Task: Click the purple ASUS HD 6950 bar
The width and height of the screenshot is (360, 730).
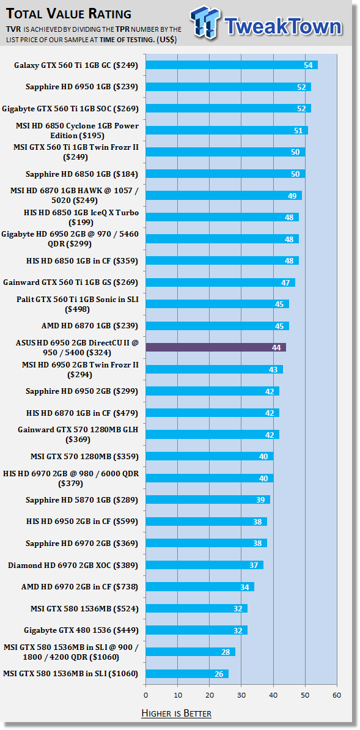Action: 216,347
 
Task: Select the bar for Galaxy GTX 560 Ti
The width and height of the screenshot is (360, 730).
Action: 232,65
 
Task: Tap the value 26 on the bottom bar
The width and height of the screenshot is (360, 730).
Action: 219,674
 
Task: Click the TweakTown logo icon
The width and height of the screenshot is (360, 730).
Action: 204,23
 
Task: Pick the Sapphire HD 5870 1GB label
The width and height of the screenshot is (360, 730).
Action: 82,500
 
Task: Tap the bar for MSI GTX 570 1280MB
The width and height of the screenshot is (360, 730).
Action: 210,456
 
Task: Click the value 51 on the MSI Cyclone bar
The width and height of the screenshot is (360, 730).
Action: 298,130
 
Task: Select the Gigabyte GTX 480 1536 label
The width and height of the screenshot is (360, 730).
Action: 81,630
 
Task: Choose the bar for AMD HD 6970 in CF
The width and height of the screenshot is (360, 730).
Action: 200,586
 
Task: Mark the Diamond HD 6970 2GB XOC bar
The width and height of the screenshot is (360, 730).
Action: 205,565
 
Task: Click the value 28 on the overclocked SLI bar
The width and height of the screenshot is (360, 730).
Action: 226,652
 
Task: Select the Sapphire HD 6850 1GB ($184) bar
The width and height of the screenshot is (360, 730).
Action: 226,174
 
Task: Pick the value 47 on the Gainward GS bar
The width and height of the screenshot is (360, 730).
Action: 285,282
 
